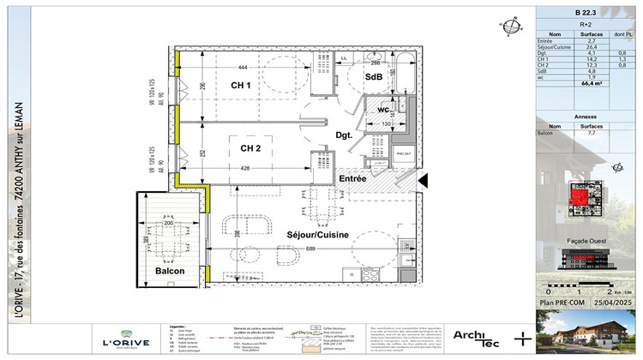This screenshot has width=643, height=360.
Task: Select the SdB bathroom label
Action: (373, 78)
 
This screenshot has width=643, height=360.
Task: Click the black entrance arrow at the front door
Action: (422, 180)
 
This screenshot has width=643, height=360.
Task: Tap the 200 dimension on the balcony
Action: (168, 223)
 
